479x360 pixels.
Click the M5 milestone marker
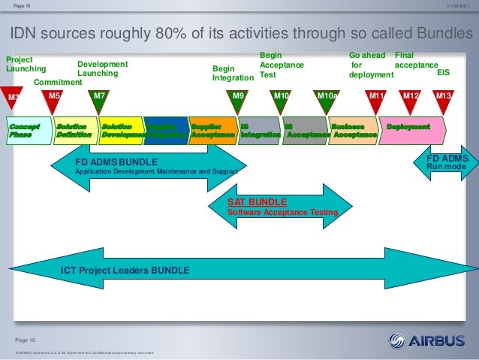54,98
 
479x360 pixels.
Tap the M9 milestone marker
239,98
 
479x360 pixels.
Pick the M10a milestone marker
327,98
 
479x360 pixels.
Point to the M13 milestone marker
444,98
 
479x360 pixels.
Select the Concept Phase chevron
27,131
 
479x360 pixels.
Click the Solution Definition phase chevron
74,131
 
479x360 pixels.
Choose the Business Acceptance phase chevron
353,131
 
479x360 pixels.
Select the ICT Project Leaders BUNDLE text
125,270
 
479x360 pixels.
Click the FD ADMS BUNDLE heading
116,162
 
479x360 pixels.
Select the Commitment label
58,82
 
